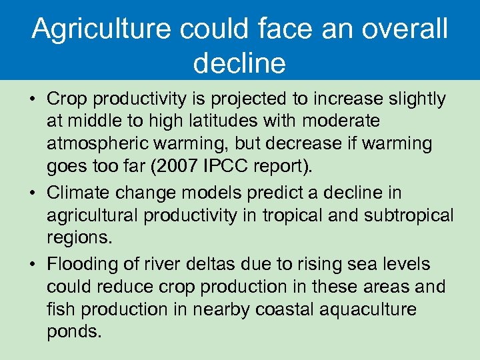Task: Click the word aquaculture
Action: coord(359,310)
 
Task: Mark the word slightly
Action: coord(412,99)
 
